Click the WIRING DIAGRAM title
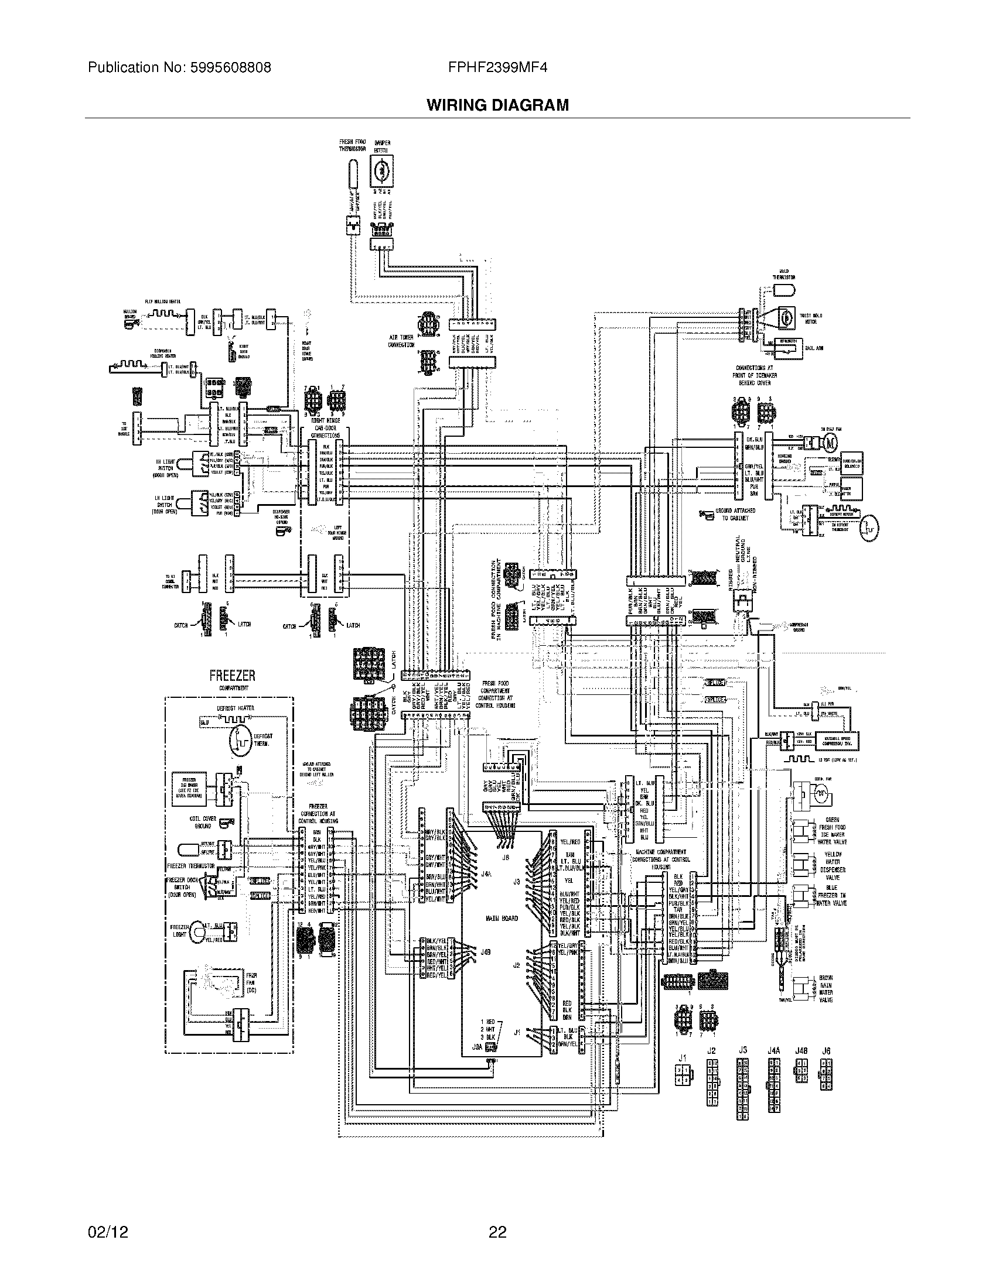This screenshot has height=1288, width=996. (497, 105)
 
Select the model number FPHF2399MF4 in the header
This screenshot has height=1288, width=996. (497, 67)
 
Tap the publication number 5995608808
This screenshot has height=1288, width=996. (230, 67)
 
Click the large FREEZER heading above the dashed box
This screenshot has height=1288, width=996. (232, 676)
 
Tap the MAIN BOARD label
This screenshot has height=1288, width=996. (502, 918)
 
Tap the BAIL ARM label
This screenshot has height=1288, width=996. (814, 348)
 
